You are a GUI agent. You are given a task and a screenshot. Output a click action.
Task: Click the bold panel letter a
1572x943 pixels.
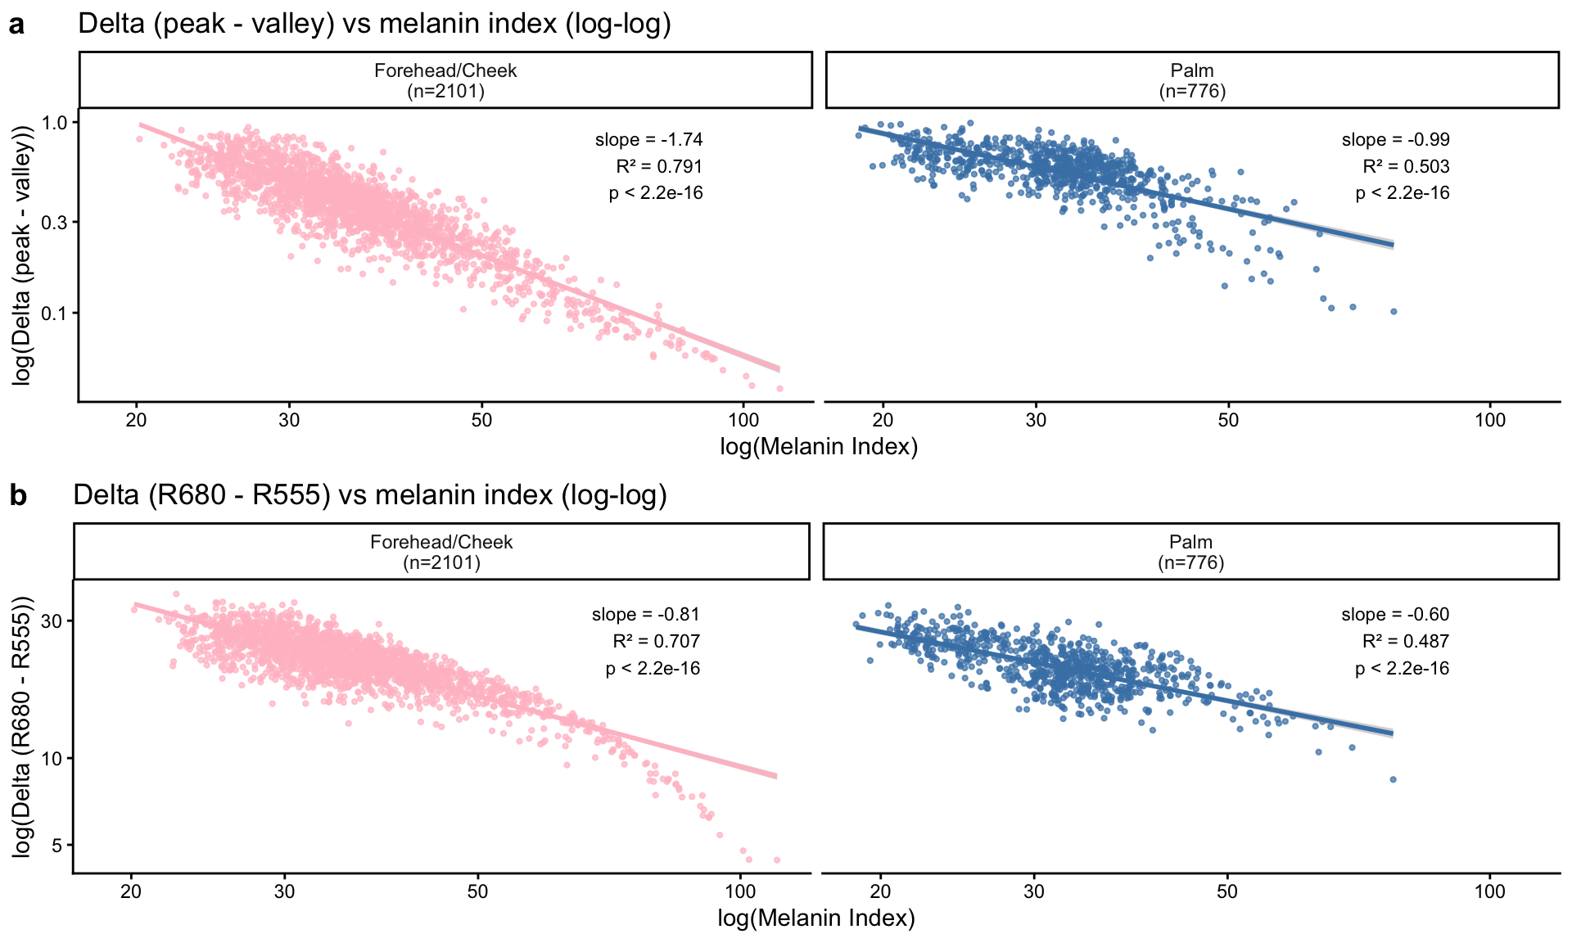coord(16,25)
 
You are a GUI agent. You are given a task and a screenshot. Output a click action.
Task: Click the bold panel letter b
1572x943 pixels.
coord(17,496)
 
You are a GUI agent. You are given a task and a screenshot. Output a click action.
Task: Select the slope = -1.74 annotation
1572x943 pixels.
coord(648,140)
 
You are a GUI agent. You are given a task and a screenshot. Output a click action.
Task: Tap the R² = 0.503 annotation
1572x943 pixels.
coord(1405,167)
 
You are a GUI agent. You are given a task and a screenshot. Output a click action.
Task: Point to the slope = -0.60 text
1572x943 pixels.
coord(1395,615)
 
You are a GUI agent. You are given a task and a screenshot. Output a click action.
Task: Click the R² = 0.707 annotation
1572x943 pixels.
coord(656,642)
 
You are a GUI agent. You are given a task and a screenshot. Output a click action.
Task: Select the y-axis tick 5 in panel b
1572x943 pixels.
coord(57,846)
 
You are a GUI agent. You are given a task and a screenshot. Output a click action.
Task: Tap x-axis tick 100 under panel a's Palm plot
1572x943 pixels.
coord(1489,421)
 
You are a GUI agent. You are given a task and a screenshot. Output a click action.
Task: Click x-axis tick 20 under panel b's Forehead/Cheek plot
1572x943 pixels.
coord(131,892)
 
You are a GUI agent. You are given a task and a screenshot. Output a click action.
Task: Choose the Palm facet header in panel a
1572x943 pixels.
coord(1191,80)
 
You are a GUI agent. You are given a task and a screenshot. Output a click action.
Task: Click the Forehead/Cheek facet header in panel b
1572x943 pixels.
coord(441,552)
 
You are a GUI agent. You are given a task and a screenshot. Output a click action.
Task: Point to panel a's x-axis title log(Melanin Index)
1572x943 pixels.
coord(819,447)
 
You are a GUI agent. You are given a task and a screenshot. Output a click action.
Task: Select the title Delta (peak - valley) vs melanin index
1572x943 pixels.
coord(374,24)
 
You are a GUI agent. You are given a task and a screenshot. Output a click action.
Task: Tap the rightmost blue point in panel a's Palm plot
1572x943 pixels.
coord(1394,311)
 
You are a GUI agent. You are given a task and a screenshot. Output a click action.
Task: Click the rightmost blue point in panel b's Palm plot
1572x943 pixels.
coord(1393,779)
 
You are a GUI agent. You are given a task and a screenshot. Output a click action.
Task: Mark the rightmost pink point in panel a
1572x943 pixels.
coord(779,388)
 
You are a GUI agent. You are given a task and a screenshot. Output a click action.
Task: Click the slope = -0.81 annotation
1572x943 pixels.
coord(645,615)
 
